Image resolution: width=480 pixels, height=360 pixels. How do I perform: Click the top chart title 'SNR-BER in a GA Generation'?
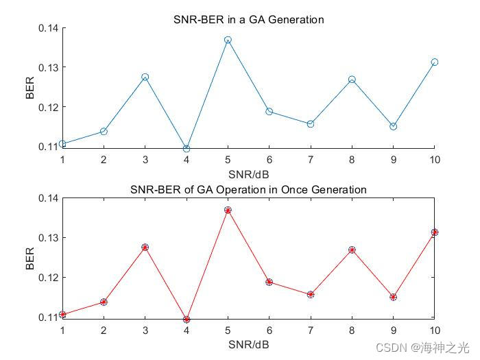pyautogui.click(x=248, y=19)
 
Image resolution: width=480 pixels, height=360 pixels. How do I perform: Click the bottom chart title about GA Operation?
pyautogui.click(x=248, y=189)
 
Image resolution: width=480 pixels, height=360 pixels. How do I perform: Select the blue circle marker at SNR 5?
pyautogui.click(x=228, y=40)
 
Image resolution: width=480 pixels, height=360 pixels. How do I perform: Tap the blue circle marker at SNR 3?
pyautogui.click(x=145, y=77)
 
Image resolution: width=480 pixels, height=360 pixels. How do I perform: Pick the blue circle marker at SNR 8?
pyautogui.click(x=352, y=80)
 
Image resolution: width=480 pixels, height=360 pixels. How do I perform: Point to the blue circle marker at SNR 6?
pyautogui.click(x=269, y=111)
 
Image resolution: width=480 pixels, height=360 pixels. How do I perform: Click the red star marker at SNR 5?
pyautogui.click(x=228, y=210)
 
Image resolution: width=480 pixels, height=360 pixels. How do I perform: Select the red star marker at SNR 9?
pyautogui.click(x=393, y=297)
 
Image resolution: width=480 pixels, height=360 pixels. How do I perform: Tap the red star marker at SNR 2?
pyautogui.click(x=104, y=302)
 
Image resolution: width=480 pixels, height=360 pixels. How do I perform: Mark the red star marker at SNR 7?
pyautogui.click(x=311, y=294)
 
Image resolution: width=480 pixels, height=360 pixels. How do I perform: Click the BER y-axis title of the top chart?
pyautogui.click(x=30, y=87)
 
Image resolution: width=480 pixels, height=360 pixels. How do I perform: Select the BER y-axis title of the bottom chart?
pyautogui.click(x=30, y=258)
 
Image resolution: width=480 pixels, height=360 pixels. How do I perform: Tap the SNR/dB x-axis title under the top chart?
pyautogui.click(x=248, y=174)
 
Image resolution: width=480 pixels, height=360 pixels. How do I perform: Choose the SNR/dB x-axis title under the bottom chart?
pyautogui.click(x=248, y=344)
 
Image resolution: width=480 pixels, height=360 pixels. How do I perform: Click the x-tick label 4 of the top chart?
pyautogui.click(x=187, y=160)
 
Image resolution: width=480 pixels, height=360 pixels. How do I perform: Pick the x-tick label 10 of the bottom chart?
pyautogui.click(x=434, y=330)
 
